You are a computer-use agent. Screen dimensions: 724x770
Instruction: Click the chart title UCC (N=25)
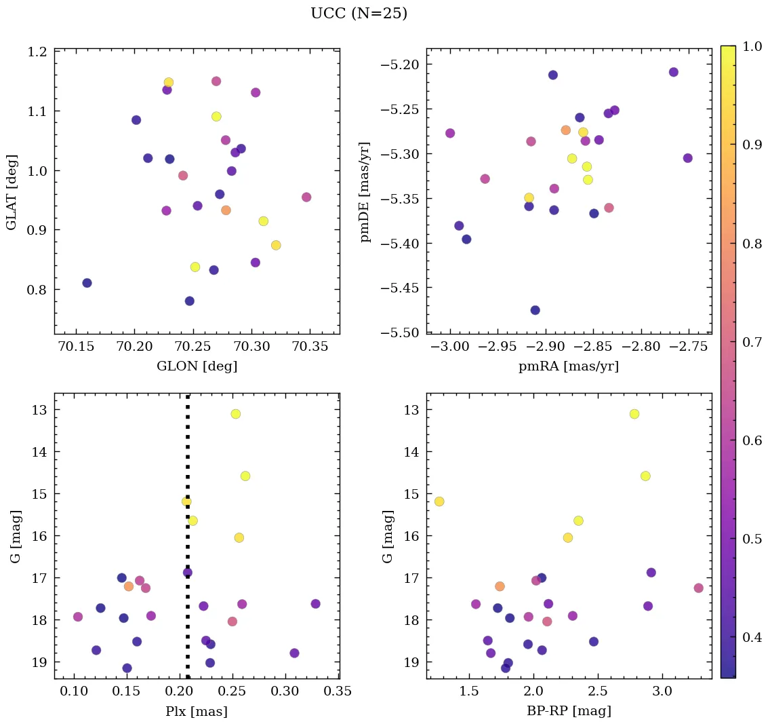click(359, 14)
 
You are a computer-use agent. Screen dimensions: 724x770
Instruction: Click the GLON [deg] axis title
click(197, 366)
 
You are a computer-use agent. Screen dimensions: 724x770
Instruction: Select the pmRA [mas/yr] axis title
click(569, 366)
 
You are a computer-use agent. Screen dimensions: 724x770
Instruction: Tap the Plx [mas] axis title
click(197, 711)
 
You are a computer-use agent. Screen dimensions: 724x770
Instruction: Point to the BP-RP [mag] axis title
click(569, 711)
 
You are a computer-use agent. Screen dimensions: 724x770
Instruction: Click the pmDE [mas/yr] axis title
click(366, 191)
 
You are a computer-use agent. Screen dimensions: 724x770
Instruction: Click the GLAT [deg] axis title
click(12, 191)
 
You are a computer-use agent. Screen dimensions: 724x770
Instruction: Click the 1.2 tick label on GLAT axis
click(38, 52)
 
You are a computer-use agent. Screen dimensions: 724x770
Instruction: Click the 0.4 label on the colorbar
click(752, 637)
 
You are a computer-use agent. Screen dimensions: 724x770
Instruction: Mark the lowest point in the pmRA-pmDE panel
click(535, 310)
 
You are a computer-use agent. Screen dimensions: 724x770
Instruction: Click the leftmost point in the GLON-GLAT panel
click(87, 283)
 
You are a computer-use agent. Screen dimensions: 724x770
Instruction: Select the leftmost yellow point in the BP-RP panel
click(439, 501)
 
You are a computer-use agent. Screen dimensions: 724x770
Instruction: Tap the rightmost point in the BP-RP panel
click(698, 588)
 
